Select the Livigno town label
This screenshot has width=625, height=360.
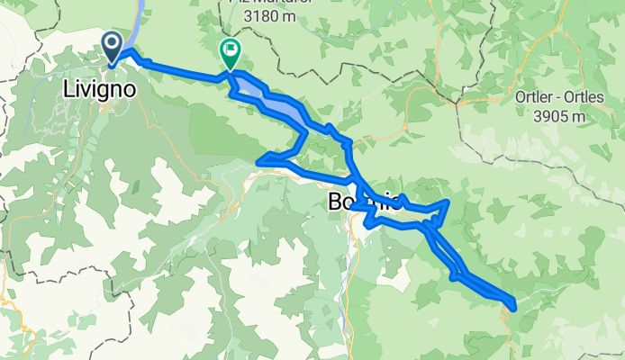pos(101,90)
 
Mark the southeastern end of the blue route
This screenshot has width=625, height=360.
pos(513,307)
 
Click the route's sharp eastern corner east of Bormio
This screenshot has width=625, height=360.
pos(448,202)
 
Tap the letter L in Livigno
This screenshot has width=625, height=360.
pos(68,90)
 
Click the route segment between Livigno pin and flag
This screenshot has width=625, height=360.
pos(180,72)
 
